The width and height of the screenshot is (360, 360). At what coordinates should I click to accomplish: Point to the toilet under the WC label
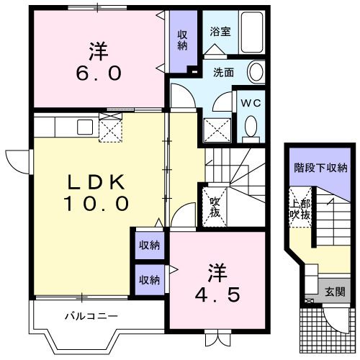[251, 127]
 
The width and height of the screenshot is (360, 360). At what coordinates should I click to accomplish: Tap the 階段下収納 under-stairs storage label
[320, 168]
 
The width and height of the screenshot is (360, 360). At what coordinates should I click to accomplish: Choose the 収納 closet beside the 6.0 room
[183, 39]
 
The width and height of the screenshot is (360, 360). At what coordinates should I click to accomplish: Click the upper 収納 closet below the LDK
[150, 246]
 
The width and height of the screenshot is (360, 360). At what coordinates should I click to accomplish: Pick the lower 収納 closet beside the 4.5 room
[150, 279]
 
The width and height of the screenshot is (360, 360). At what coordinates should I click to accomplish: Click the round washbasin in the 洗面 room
[256, 72]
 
